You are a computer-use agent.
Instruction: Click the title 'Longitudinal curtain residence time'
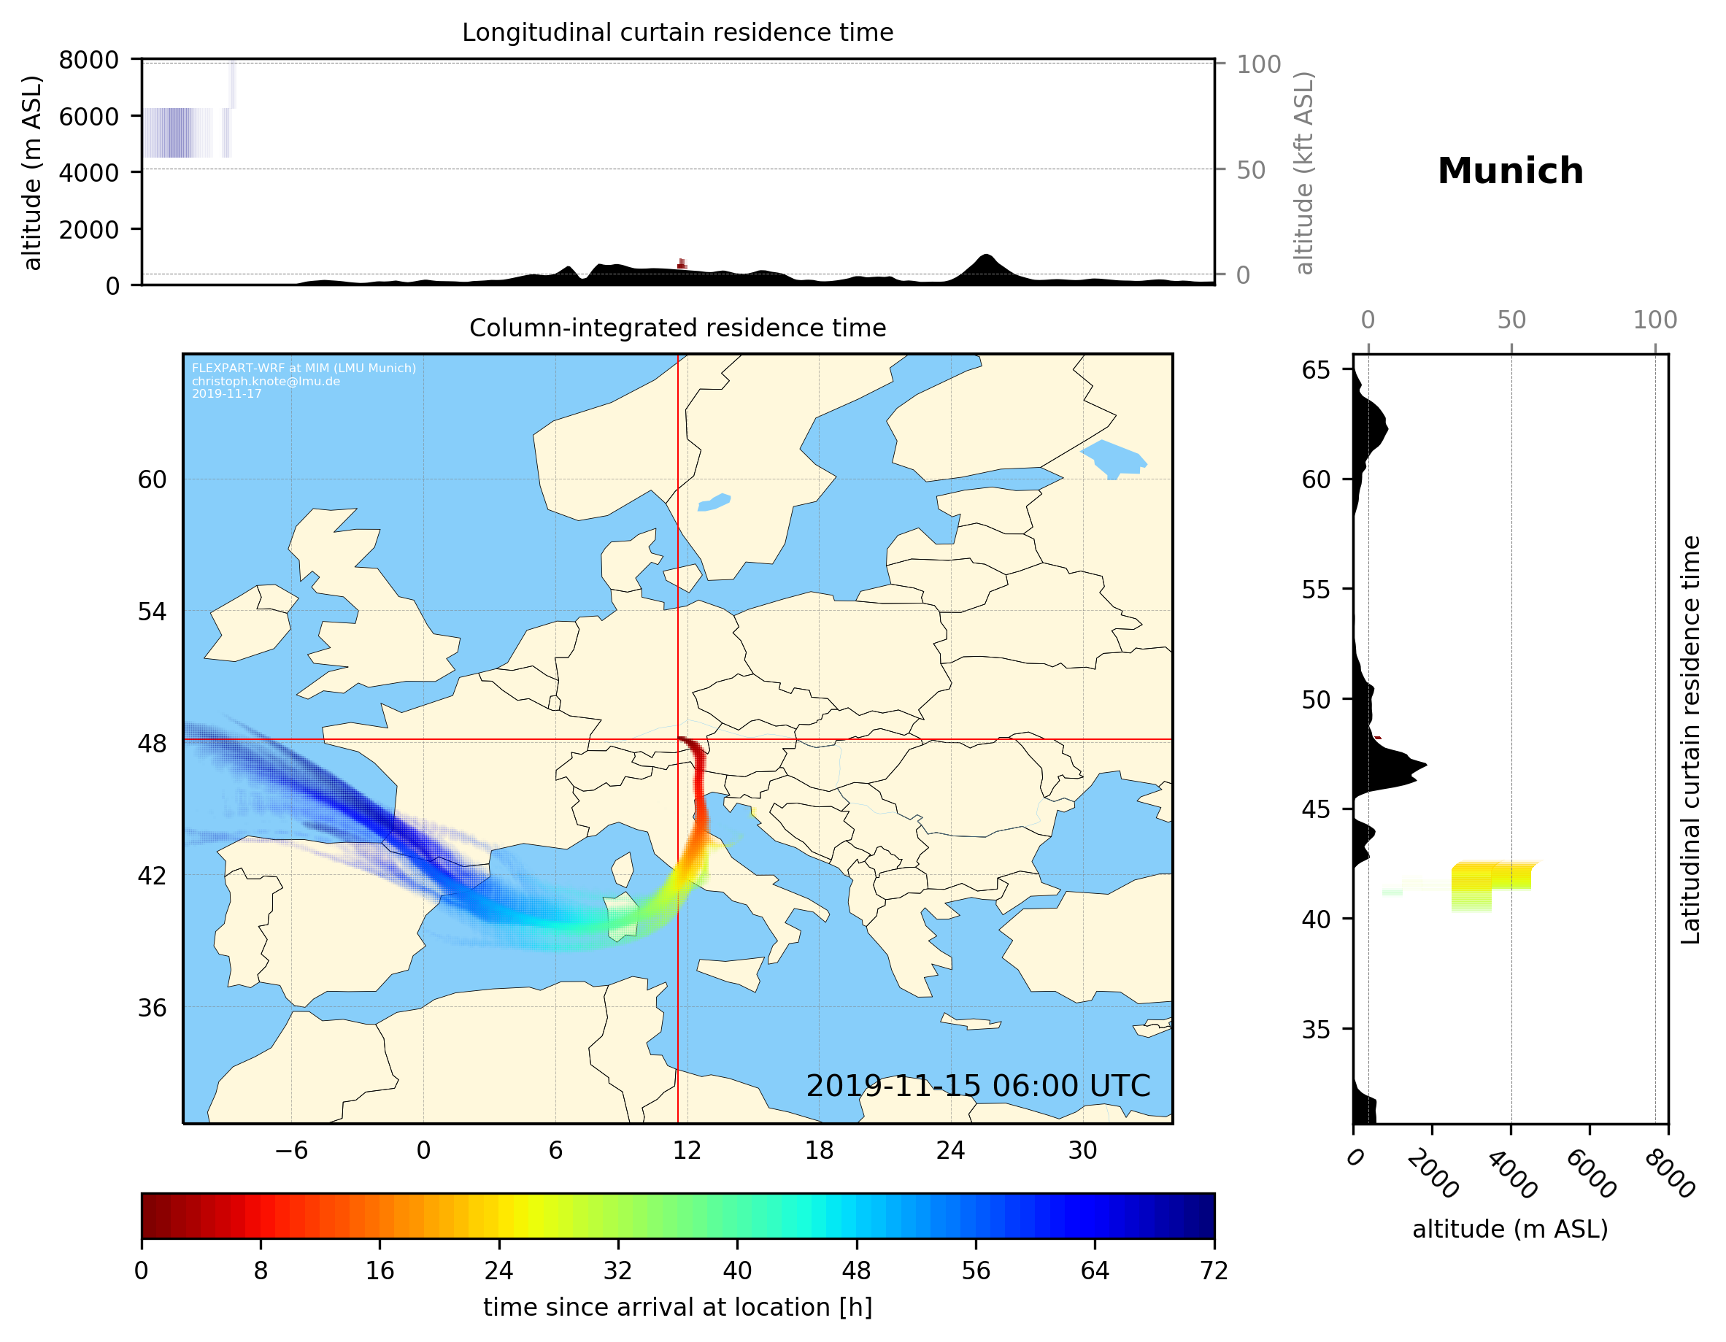(x=677, y=32)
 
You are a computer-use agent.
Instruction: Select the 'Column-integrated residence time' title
(x=677, y=328)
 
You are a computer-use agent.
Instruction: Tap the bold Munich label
(x=1509, y=171)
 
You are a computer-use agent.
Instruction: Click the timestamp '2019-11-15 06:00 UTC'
(x=978, y=1086)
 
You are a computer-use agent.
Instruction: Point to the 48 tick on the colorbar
(x=856, y=1270)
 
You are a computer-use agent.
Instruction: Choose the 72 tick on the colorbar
(x=1213, y=1270)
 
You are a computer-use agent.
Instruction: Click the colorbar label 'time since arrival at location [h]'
(x=677, y=1307)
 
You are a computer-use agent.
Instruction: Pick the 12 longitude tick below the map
(x=687, y=1150)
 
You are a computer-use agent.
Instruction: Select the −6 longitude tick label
(x=290, y=1150)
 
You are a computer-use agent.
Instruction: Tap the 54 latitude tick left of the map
(x=152, y=612)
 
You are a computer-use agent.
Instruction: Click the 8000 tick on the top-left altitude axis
(x=88, y=60)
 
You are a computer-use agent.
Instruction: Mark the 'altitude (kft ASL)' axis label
(x=1303, y=173)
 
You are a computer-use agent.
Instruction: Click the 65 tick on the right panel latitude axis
(x=1316, y=370)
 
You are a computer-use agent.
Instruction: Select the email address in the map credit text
(x=266, y=381)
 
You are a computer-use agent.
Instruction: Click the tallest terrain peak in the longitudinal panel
(x=985, y=257)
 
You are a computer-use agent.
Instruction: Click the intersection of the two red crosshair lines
(x=678, y=740)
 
